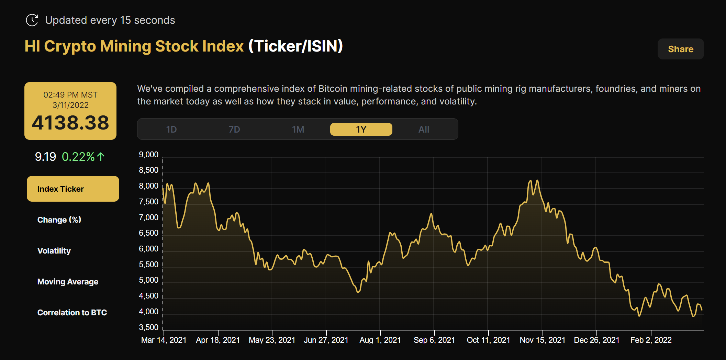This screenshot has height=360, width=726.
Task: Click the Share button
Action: click(x=680, y=49)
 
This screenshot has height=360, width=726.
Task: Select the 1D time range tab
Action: click(x=171, y=130)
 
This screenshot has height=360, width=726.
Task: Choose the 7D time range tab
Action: click(x=234, y=130)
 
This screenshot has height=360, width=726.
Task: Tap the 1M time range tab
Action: click(x=298, y=130)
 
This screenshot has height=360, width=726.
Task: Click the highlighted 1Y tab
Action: click(x=361, y=130)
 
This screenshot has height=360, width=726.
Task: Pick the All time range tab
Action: click(x=424, y=130)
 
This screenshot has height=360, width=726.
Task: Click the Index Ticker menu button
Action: click(x=73, y=189)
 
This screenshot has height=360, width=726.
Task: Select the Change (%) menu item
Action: click(x=59, y=220)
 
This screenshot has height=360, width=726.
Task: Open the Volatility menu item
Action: click(x=54, y=251)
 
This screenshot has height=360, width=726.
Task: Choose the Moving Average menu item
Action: click(x=68, y=282)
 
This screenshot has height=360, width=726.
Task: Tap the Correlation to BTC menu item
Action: click(x=72, y=313)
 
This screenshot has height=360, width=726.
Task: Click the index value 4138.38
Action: click(x=70, y=123)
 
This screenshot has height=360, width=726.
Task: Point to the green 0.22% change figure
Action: click(x=78, y=157)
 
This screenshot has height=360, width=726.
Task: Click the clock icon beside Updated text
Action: click(x=32, y=20)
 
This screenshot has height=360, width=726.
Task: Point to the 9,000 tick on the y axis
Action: click(x=148, y=155)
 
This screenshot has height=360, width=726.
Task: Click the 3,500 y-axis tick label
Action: click(x=148, y=327)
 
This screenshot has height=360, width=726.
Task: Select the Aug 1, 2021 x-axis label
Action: click(x=380, y=340)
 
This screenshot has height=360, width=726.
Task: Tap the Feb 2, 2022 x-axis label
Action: click(x=651, y=340)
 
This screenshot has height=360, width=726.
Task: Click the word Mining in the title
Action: click(x=125, y=46)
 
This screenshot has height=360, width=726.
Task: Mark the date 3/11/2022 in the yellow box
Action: click(x=70, y=105)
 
